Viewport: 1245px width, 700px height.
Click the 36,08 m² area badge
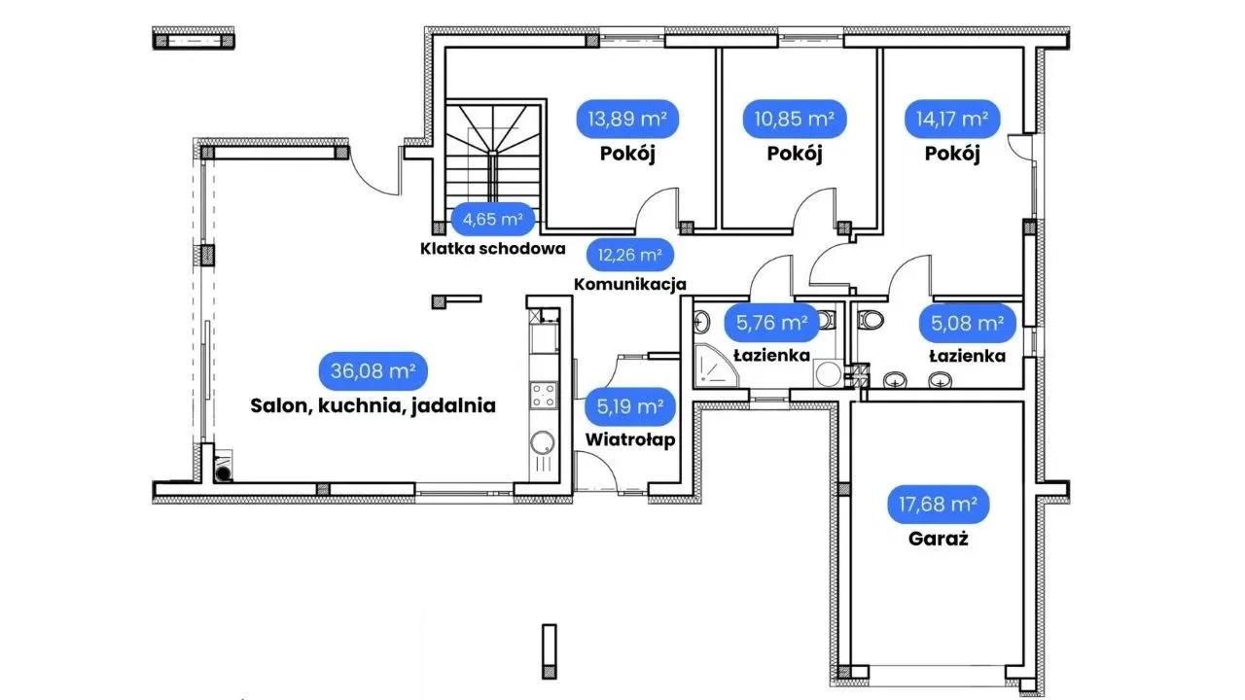point(373,370)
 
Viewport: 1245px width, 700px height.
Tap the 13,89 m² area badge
point(627,120)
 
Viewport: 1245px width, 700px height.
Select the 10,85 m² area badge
point(795,120)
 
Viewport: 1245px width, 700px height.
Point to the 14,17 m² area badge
point(952,120)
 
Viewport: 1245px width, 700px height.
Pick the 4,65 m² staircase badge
point(493,219)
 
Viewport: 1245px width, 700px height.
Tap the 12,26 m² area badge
point(630,256)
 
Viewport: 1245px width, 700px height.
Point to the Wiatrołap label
point(630,438)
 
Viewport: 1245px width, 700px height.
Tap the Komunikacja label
point(630,285)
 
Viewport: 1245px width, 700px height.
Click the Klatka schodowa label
point(493,248)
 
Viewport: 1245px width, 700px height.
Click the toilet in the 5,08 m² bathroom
point(872,320)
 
